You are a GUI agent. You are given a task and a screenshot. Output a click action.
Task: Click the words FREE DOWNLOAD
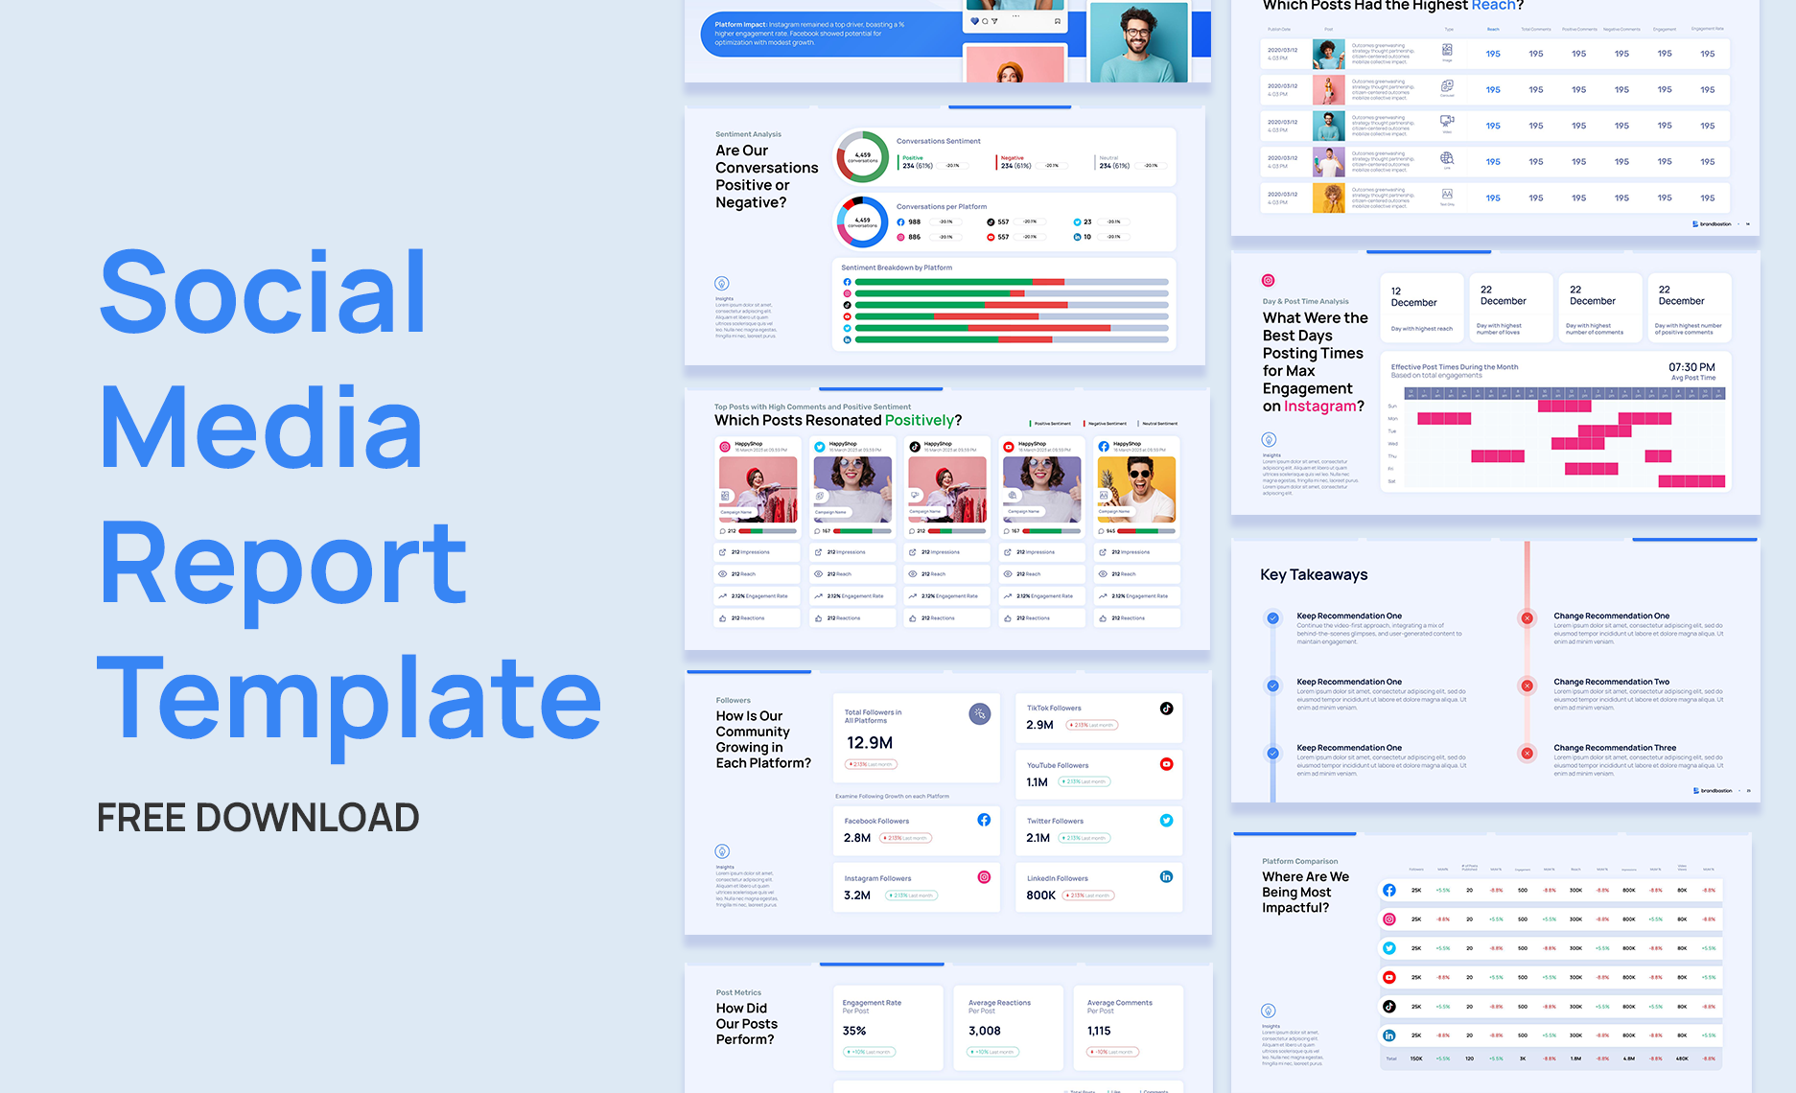coord(258,818)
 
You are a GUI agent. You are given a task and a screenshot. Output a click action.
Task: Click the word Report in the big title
coord(283,564)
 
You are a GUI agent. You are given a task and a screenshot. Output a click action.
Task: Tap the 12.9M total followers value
coord(870,743)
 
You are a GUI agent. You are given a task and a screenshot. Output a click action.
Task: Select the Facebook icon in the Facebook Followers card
coord(984,820)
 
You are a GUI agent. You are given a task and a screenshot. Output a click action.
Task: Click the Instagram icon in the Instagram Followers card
coord(984,877)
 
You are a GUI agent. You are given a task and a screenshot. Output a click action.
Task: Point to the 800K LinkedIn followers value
coord(1040,895)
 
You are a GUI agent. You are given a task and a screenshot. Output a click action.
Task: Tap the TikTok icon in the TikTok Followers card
coord(1166,709)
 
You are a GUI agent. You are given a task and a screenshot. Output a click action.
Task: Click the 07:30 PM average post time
coord(1691,367)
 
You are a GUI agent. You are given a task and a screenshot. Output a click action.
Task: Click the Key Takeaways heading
coord(1314,574)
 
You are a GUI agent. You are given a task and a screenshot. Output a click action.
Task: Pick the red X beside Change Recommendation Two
coord(1528,686)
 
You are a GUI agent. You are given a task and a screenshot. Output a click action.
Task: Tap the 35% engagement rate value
coord(854,1031)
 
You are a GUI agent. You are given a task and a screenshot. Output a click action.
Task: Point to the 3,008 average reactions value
coord(984,1031)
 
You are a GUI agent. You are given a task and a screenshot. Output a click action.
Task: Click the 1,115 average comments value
coord(1099,1031)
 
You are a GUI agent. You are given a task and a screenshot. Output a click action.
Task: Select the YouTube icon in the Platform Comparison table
coord(1388,977)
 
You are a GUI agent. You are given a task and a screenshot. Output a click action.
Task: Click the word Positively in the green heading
coord(920,420)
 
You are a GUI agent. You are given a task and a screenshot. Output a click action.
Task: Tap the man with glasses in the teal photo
coord(1138,43)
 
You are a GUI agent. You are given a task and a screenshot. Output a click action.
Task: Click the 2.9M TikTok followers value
coord(1039,725)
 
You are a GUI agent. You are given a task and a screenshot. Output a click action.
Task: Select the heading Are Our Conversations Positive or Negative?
coord(766,176)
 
